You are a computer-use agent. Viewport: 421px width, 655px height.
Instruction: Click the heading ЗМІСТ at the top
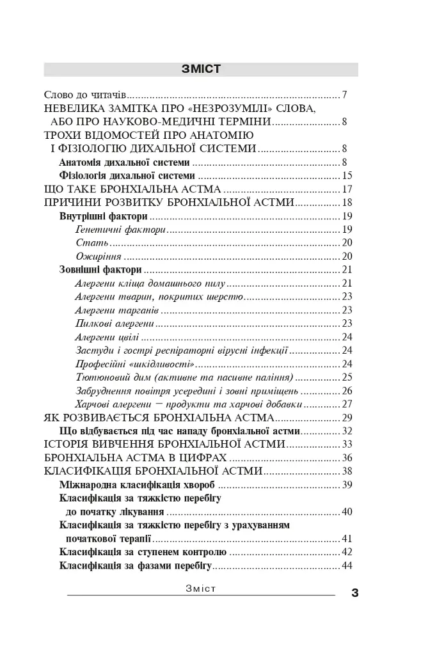click(x=201, y=69)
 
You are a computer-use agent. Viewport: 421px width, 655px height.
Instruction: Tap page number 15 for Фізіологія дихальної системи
click(x=348, y=175)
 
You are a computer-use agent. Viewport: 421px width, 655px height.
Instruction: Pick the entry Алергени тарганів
click(x=116, y=310)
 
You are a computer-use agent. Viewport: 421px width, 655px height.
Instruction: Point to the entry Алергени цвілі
click(x=107, y=336)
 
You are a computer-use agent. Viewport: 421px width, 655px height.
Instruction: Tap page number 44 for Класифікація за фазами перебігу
click(x=348, y=565)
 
